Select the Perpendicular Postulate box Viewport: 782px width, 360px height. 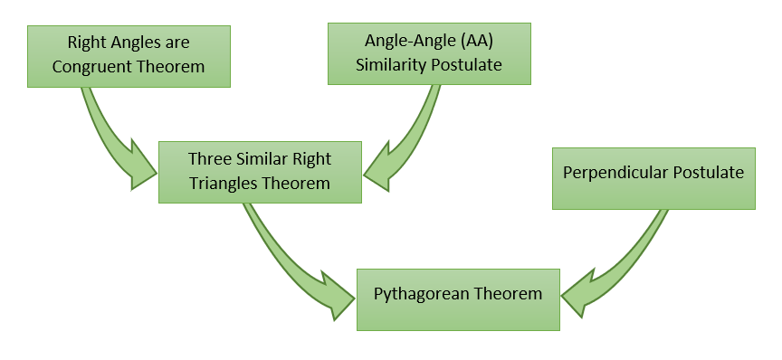653,178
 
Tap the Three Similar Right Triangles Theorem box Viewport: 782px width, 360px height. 260,171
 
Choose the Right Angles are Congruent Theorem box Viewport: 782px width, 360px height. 129,55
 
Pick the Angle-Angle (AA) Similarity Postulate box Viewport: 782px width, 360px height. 429,53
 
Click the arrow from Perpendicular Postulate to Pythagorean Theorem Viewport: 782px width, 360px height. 625,262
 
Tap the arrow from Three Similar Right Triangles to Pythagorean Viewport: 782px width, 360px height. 290,262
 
